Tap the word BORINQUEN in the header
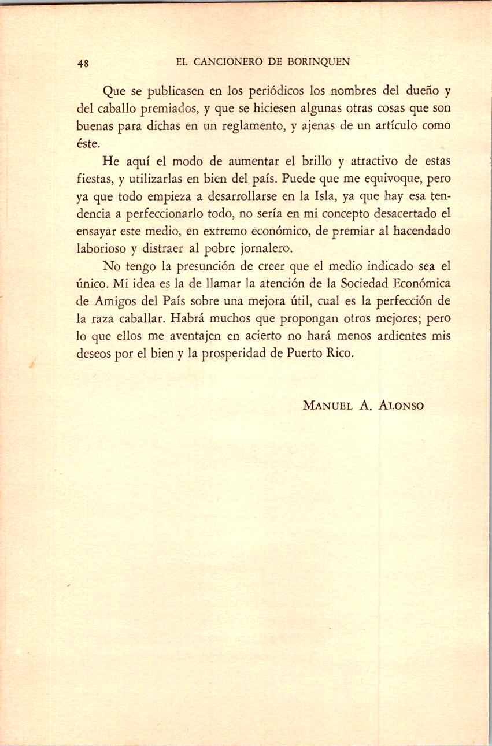[x=321, y=62]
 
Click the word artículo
[x=393, y=125]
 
